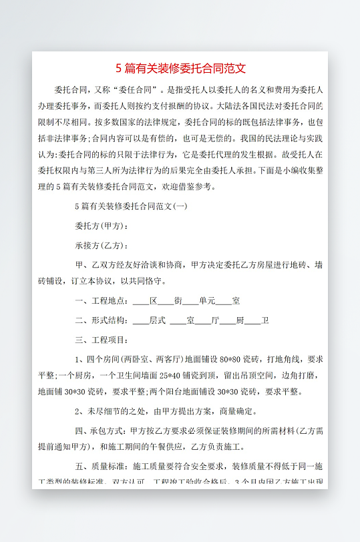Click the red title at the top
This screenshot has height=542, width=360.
point(181,69)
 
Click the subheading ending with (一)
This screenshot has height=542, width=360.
point(131,207)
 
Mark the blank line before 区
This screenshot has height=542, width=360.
point(141,301)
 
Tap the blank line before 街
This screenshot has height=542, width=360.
point(166,301)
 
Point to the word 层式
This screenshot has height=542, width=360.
point(158,320)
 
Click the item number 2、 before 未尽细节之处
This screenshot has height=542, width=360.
point(79,411)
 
